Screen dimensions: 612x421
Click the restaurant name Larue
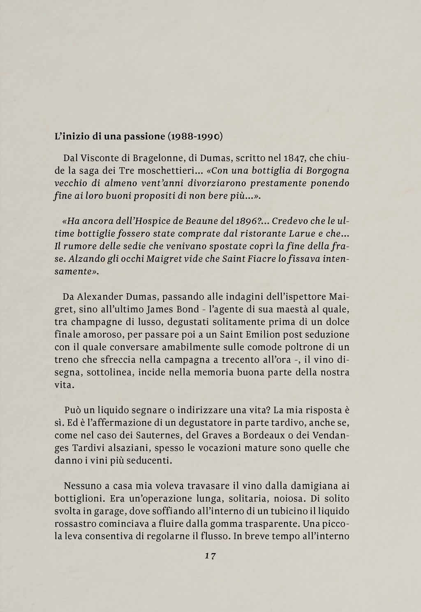(297, 234)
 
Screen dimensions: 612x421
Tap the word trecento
(241, 360)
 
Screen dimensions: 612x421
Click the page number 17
(210, 556)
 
